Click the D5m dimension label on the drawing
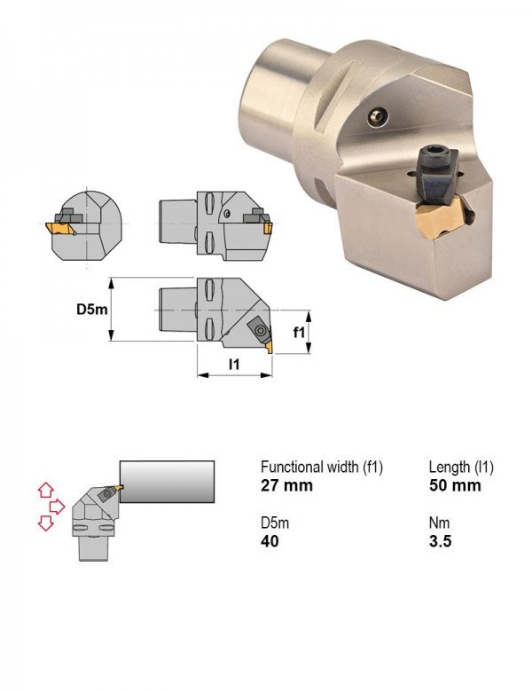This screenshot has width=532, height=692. coord(91,310)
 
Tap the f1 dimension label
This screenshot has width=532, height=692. coord(299,332)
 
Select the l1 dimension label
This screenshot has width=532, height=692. coord(234,364)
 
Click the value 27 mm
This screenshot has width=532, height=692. coord(286,485)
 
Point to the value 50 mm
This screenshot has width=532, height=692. coord(455,485)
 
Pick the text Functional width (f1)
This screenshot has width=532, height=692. coord(322,467)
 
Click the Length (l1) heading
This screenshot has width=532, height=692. coord(461,467)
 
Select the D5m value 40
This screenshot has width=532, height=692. coord(270,541)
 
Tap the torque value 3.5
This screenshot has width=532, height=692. coord(441,541)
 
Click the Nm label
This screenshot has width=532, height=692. coord(440,523)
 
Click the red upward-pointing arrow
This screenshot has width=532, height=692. coord(46,490)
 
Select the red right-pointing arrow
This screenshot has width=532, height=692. coord(57,507)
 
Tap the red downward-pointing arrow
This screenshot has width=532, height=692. coord(46,523)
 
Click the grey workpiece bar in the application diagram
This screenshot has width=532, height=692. coord(168,482)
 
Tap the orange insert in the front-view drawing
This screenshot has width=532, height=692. coord(59,229)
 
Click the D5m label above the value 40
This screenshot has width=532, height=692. coord(275,523)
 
